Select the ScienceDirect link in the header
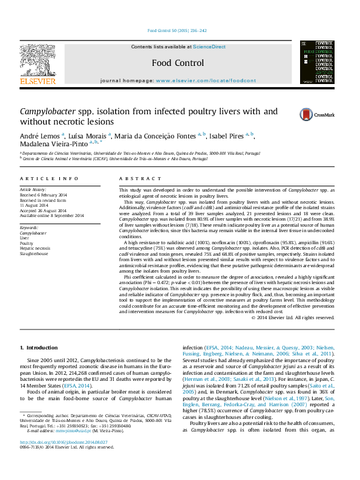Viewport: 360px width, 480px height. coord(209,47)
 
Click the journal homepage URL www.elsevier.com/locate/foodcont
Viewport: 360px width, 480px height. coord(206,80)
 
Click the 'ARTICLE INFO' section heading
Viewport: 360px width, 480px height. coord(49,179)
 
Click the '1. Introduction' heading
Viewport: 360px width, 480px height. coord(39,348)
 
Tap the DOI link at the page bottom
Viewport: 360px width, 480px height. coord(64,459)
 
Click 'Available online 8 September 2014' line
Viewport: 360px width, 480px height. coord(52,216)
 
